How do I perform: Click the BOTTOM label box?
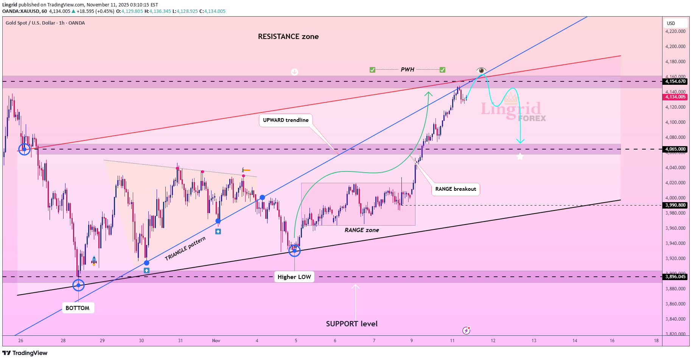pos(78,308)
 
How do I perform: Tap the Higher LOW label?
pos(294,277)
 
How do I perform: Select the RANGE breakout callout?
pos(456,189)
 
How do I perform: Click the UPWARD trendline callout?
pos(286,120)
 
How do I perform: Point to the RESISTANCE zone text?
pos(288,37)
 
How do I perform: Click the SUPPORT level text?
pos(351,324)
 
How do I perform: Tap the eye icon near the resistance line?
pos(481,70)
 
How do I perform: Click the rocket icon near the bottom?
pos(94,260)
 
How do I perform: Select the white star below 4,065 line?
pos(520,156)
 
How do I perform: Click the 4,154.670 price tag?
pos(675,81)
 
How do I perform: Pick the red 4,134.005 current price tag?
pos(675,97)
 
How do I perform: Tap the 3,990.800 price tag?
pos(675,205)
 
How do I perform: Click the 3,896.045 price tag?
pos(675,277)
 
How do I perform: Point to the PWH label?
pos(407,70)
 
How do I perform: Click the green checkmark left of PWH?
pos(372,70)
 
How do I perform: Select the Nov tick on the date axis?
pos(216,341)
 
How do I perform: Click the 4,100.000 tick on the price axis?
pos(675,122)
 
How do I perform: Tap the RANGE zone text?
pos(362,230)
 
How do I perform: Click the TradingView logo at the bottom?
pos(25,353)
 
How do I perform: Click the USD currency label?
pos(671,23)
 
